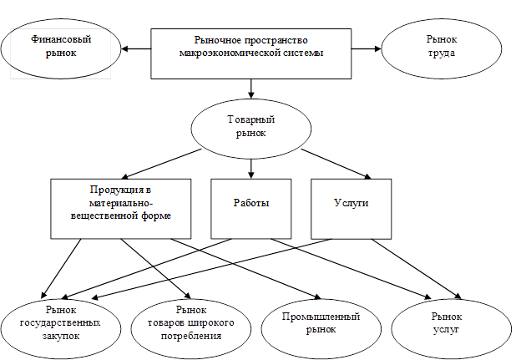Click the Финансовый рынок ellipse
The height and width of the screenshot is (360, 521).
pyautogui.click(x=59, y=48)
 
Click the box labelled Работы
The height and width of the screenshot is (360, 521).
pyautogui.click(x=250, y=207)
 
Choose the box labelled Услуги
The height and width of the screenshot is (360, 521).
pyautogui.click(x=351, y=207)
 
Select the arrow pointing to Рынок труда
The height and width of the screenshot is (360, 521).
pyautogui.click(x=367, y=48)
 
